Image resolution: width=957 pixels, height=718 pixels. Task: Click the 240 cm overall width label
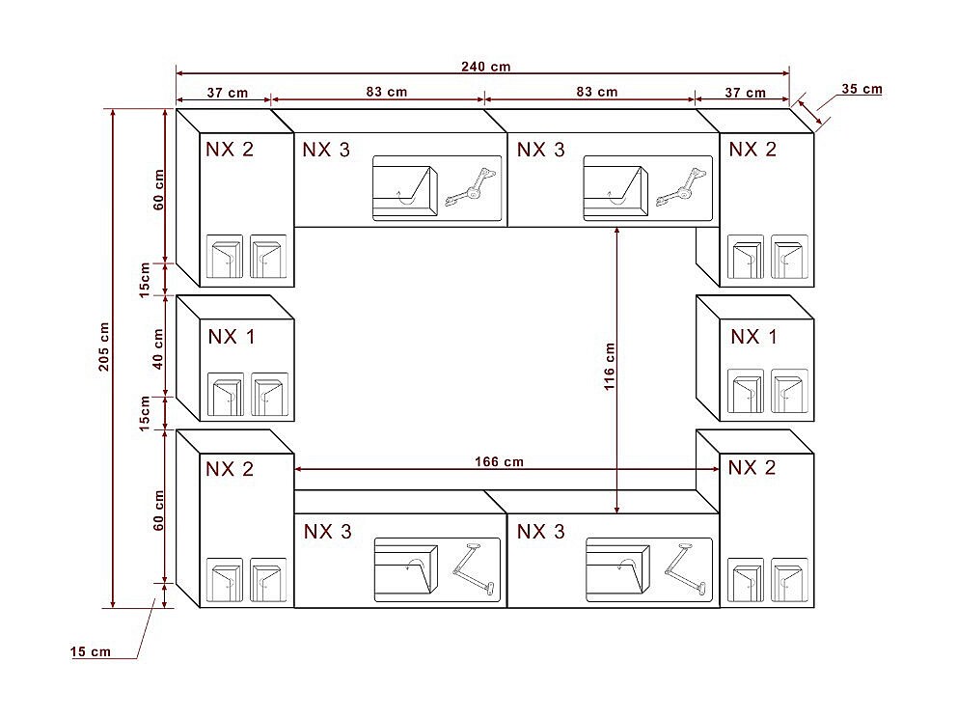(486, 67)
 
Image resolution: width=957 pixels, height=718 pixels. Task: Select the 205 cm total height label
(104, 346)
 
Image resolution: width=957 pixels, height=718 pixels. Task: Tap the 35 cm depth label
(861, 89)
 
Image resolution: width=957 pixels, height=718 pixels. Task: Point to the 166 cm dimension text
(500, 461)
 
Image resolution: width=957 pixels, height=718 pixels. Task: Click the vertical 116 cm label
(609, 367)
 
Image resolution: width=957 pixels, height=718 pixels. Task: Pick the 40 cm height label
(158, 348)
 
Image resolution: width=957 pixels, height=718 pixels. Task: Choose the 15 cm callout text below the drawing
(91, 651)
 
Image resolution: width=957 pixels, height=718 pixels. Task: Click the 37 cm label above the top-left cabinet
(227, 93)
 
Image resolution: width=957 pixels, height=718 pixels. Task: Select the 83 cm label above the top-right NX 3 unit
(597, 92)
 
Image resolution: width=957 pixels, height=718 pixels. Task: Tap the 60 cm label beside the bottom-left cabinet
(158, 510)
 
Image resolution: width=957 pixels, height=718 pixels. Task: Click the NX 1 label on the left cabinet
(232, 337)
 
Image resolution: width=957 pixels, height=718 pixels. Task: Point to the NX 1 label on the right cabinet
(754, 337)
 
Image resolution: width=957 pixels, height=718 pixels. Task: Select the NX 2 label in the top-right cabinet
(752, 149)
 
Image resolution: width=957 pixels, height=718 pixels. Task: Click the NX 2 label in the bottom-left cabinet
(230, 469)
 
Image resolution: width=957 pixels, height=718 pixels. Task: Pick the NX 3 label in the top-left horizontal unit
(326, 150)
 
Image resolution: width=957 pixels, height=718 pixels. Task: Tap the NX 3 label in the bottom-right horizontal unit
(541, 531)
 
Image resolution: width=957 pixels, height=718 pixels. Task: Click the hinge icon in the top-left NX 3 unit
(471, 187)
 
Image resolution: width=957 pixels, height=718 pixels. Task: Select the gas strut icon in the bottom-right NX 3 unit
(686, 568)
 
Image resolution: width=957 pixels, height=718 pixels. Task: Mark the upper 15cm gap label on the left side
(145, 280)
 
